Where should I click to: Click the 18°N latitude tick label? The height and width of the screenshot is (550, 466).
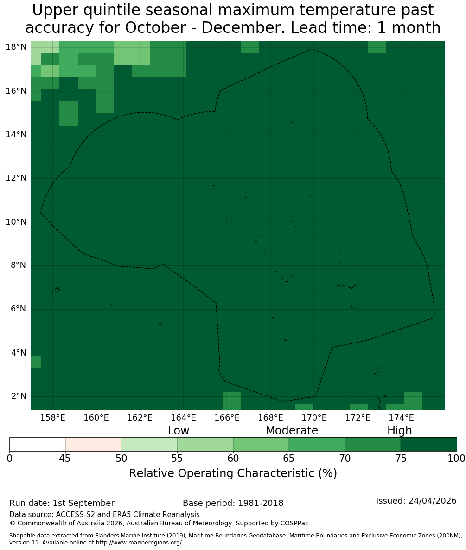coord(16,47)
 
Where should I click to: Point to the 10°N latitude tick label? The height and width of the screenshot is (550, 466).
coord(16,222)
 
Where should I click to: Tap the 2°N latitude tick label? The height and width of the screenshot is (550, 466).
coord(19,396)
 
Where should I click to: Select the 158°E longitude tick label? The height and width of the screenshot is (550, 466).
coord(52,418)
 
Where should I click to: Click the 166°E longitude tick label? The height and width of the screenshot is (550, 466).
coord(227,418)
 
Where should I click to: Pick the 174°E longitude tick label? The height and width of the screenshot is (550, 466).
coord(402,418)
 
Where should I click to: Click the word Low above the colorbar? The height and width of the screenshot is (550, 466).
coord(179,430)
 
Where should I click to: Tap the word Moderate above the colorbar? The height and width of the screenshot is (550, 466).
coord(292,430)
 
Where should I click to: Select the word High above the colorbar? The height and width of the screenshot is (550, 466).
coord(399,431)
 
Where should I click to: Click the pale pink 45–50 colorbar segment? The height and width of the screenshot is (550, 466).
coord(93,445)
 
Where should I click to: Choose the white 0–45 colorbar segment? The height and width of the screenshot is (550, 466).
coord(38,445)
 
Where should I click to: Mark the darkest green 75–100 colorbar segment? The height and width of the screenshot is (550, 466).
coord(428,445)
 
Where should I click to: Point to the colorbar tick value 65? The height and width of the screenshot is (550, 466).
coord(289,459)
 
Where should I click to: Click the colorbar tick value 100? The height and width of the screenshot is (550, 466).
coord(457,459)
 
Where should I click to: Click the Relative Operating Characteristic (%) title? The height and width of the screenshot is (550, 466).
coord(233,473)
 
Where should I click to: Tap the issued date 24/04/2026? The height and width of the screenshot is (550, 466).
coord(432,501)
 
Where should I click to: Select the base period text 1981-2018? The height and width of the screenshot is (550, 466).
coord(261,503)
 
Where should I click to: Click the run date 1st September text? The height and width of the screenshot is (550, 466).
coord(83,503)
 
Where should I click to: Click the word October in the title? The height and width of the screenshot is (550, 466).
coord(155,28)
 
